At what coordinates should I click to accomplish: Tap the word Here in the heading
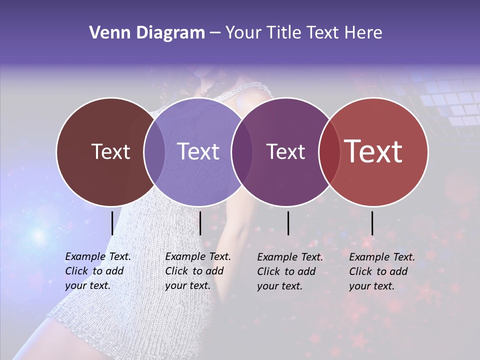click(x=364, y=32)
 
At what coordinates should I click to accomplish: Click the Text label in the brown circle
click(x=110, y=151)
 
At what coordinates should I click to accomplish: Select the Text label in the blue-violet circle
click(x=198, y=151)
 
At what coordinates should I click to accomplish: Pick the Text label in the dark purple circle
click(x=285, y=151)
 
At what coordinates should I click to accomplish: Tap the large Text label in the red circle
click(x=373, y=151)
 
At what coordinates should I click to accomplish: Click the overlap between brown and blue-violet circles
click(x=154, y=151)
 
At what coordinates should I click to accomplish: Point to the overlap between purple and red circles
click(x=329, y=151)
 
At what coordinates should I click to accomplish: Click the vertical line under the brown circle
click(x=112, y=223)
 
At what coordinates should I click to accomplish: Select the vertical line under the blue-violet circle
click(x=200, y=223)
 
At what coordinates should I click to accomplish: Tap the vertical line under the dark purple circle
click(x=288, y=223)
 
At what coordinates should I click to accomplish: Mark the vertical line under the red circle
click(x=372, y=223)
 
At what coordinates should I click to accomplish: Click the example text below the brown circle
click(x=97, y=271)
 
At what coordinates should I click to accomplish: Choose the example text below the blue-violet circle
click(x=197, y=271)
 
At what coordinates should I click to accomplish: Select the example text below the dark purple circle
click(x=289, y=271)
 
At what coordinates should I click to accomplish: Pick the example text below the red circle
click(x=381, y=271)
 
